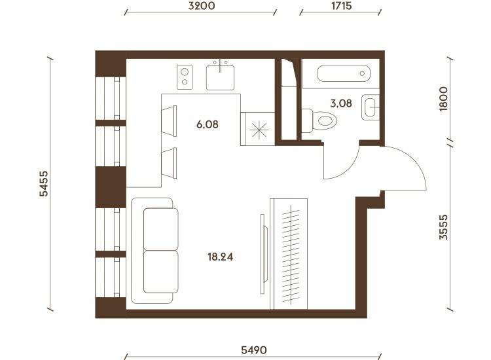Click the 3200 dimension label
coord(202,6)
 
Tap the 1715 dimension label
coord(341,6)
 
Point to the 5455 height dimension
coord(44,183)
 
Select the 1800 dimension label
coord(443,99)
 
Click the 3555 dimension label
coord(443,227)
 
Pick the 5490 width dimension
coord(253,350)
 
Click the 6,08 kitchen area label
coord(208,124)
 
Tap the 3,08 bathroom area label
coord(341,103)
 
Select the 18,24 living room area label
coord(221,257)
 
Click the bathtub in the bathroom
coord(344,73)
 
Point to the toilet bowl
coord(319,120)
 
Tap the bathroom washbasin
coord(371,107)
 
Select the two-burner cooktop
coord(185,77)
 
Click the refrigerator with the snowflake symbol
coord(258,129)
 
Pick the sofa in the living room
coord(155,251)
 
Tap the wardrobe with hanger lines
coord(289,253)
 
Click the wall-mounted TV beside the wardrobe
coord(264,254)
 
